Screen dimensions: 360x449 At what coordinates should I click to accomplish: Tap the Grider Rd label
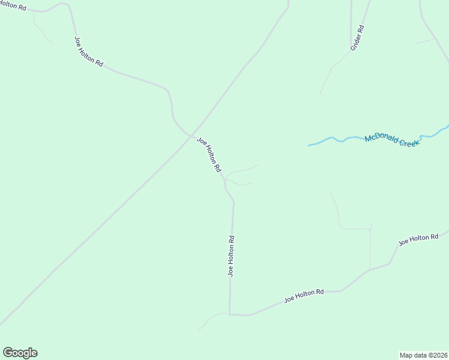point(357,37)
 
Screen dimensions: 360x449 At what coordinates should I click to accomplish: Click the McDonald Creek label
point(391,140)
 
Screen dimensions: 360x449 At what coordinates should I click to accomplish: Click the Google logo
point(20,353)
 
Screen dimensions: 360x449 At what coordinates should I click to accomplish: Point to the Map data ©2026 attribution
point(423,355)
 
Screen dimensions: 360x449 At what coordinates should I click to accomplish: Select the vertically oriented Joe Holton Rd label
point(231,256)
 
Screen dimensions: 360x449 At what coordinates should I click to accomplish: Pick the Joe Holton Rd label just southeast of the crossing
point(209,155)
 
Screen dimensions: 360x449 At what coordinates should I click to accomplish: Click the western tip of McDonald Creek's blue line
point(309,145)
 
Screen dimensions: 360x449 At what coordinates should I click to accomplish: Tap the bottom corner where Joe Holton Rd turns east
point(230,314)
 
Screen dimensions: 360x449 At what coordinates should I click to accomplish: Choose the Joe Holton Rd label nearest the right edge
point(418,239)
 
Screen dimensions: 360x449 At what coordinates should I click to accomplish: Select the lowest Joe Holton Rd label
point(304,296)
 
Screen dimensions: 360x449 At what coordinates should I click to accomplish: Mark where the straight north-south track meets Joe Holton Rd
point(370,268)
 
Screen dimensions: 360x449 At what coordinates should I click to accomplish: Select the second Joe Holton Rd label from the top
point(89,51)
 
